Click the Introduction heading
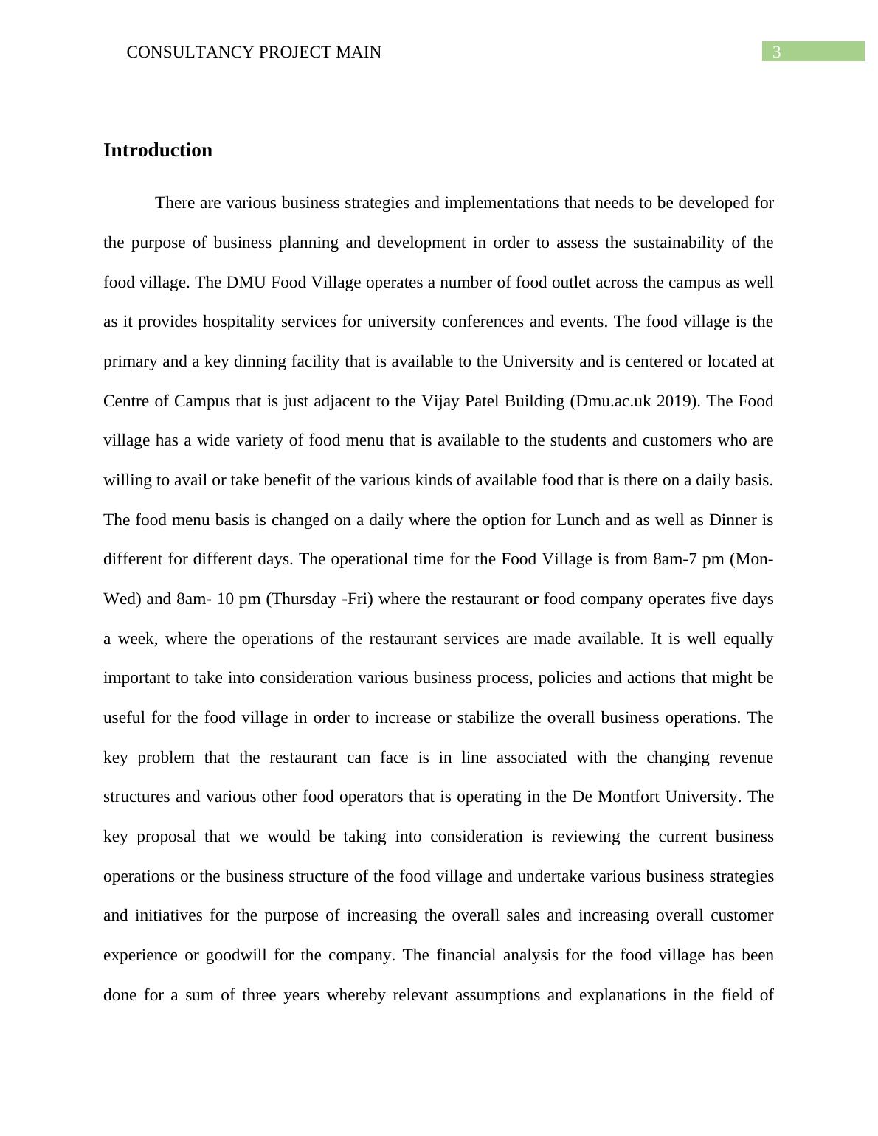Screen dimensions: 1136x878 tap(157, 150)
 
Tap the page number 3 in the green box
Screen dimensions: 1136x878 tap(776, 52)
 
